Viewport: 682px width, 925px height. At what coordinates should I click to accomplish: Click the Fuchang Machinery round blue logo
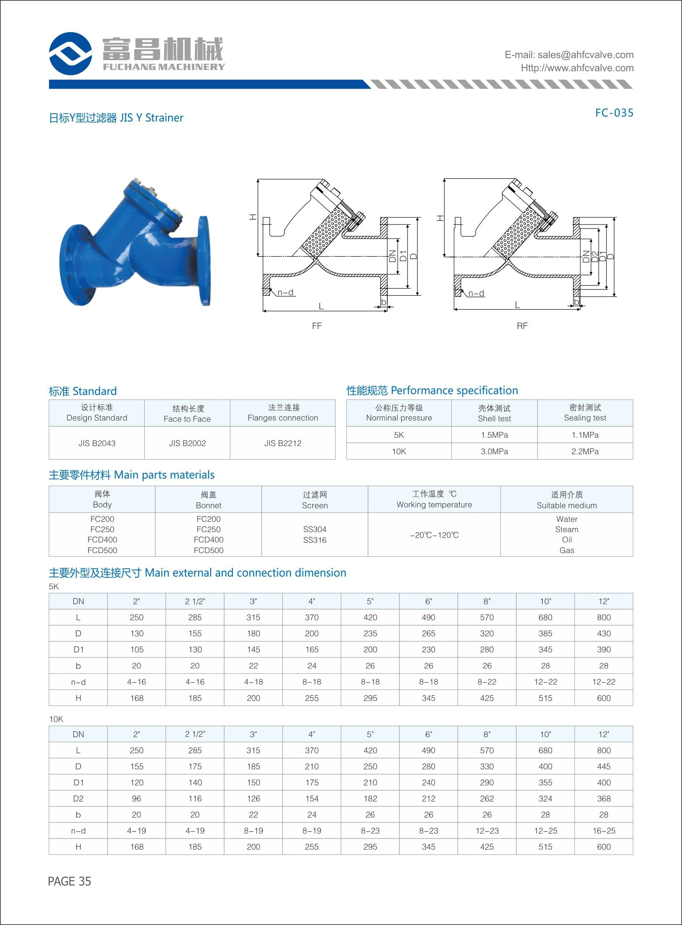coord(70,54)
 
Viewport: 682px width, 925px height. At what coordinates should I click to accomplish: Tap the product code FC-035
coord(614,113)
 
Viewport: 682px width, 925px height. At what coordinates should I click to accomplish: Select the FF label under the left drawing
coord(316,326)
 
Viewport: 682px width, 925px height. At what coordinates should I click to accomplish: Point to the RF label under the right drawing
coord(522,326)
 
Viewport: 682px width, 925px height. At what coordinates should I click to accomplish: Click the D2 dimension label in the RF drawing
coord(595,256)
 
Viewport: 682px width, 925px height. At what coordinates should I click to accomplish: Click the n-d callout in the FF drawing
coord(285,292)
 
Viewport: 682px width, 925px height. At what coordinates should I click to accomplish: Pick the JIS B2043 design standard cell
coord(97,443)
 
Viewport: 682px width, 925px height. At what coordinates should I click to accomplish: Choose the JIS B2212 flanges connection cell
coord(283,443)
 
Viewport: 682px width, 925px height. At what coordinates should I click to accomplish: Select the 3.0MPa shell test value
coord(494,451)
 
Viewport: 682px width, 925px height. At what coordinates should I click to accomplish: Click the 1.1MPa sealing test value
coord(585,435)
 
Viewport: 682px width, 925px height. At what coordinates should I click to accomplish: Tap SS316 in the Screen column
coord(314,540)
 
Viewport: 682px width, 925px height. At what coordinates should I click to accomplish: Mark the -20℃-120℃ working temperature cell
coord(434,535)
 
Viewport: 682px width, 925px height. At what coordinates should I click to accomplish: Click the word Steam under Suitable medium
coord(566,529)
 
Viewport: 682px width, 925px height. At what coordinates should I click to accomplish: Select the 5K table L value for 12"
coord(604,617)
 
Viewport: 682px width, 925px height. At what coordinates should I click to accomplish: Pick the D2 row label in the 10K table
coord(78,799)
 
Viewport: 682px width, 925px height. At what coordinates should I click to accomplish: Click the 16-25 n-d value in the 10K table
coord(604,831)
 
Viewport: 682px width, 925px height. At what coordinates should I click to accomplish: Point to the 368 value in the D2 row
coord(604,799)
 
